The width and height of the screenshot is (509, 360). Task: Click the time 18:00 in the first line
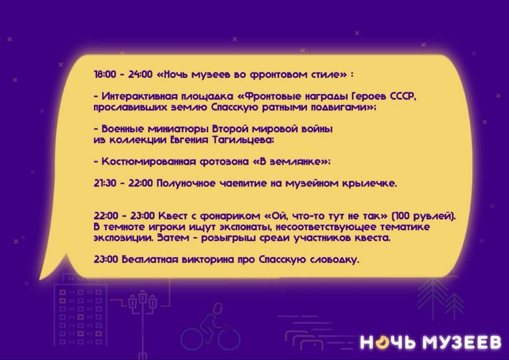(x=105, y=74)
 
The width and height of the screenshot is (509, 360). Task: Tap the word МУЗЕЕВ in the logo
(x=461, y=343)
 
